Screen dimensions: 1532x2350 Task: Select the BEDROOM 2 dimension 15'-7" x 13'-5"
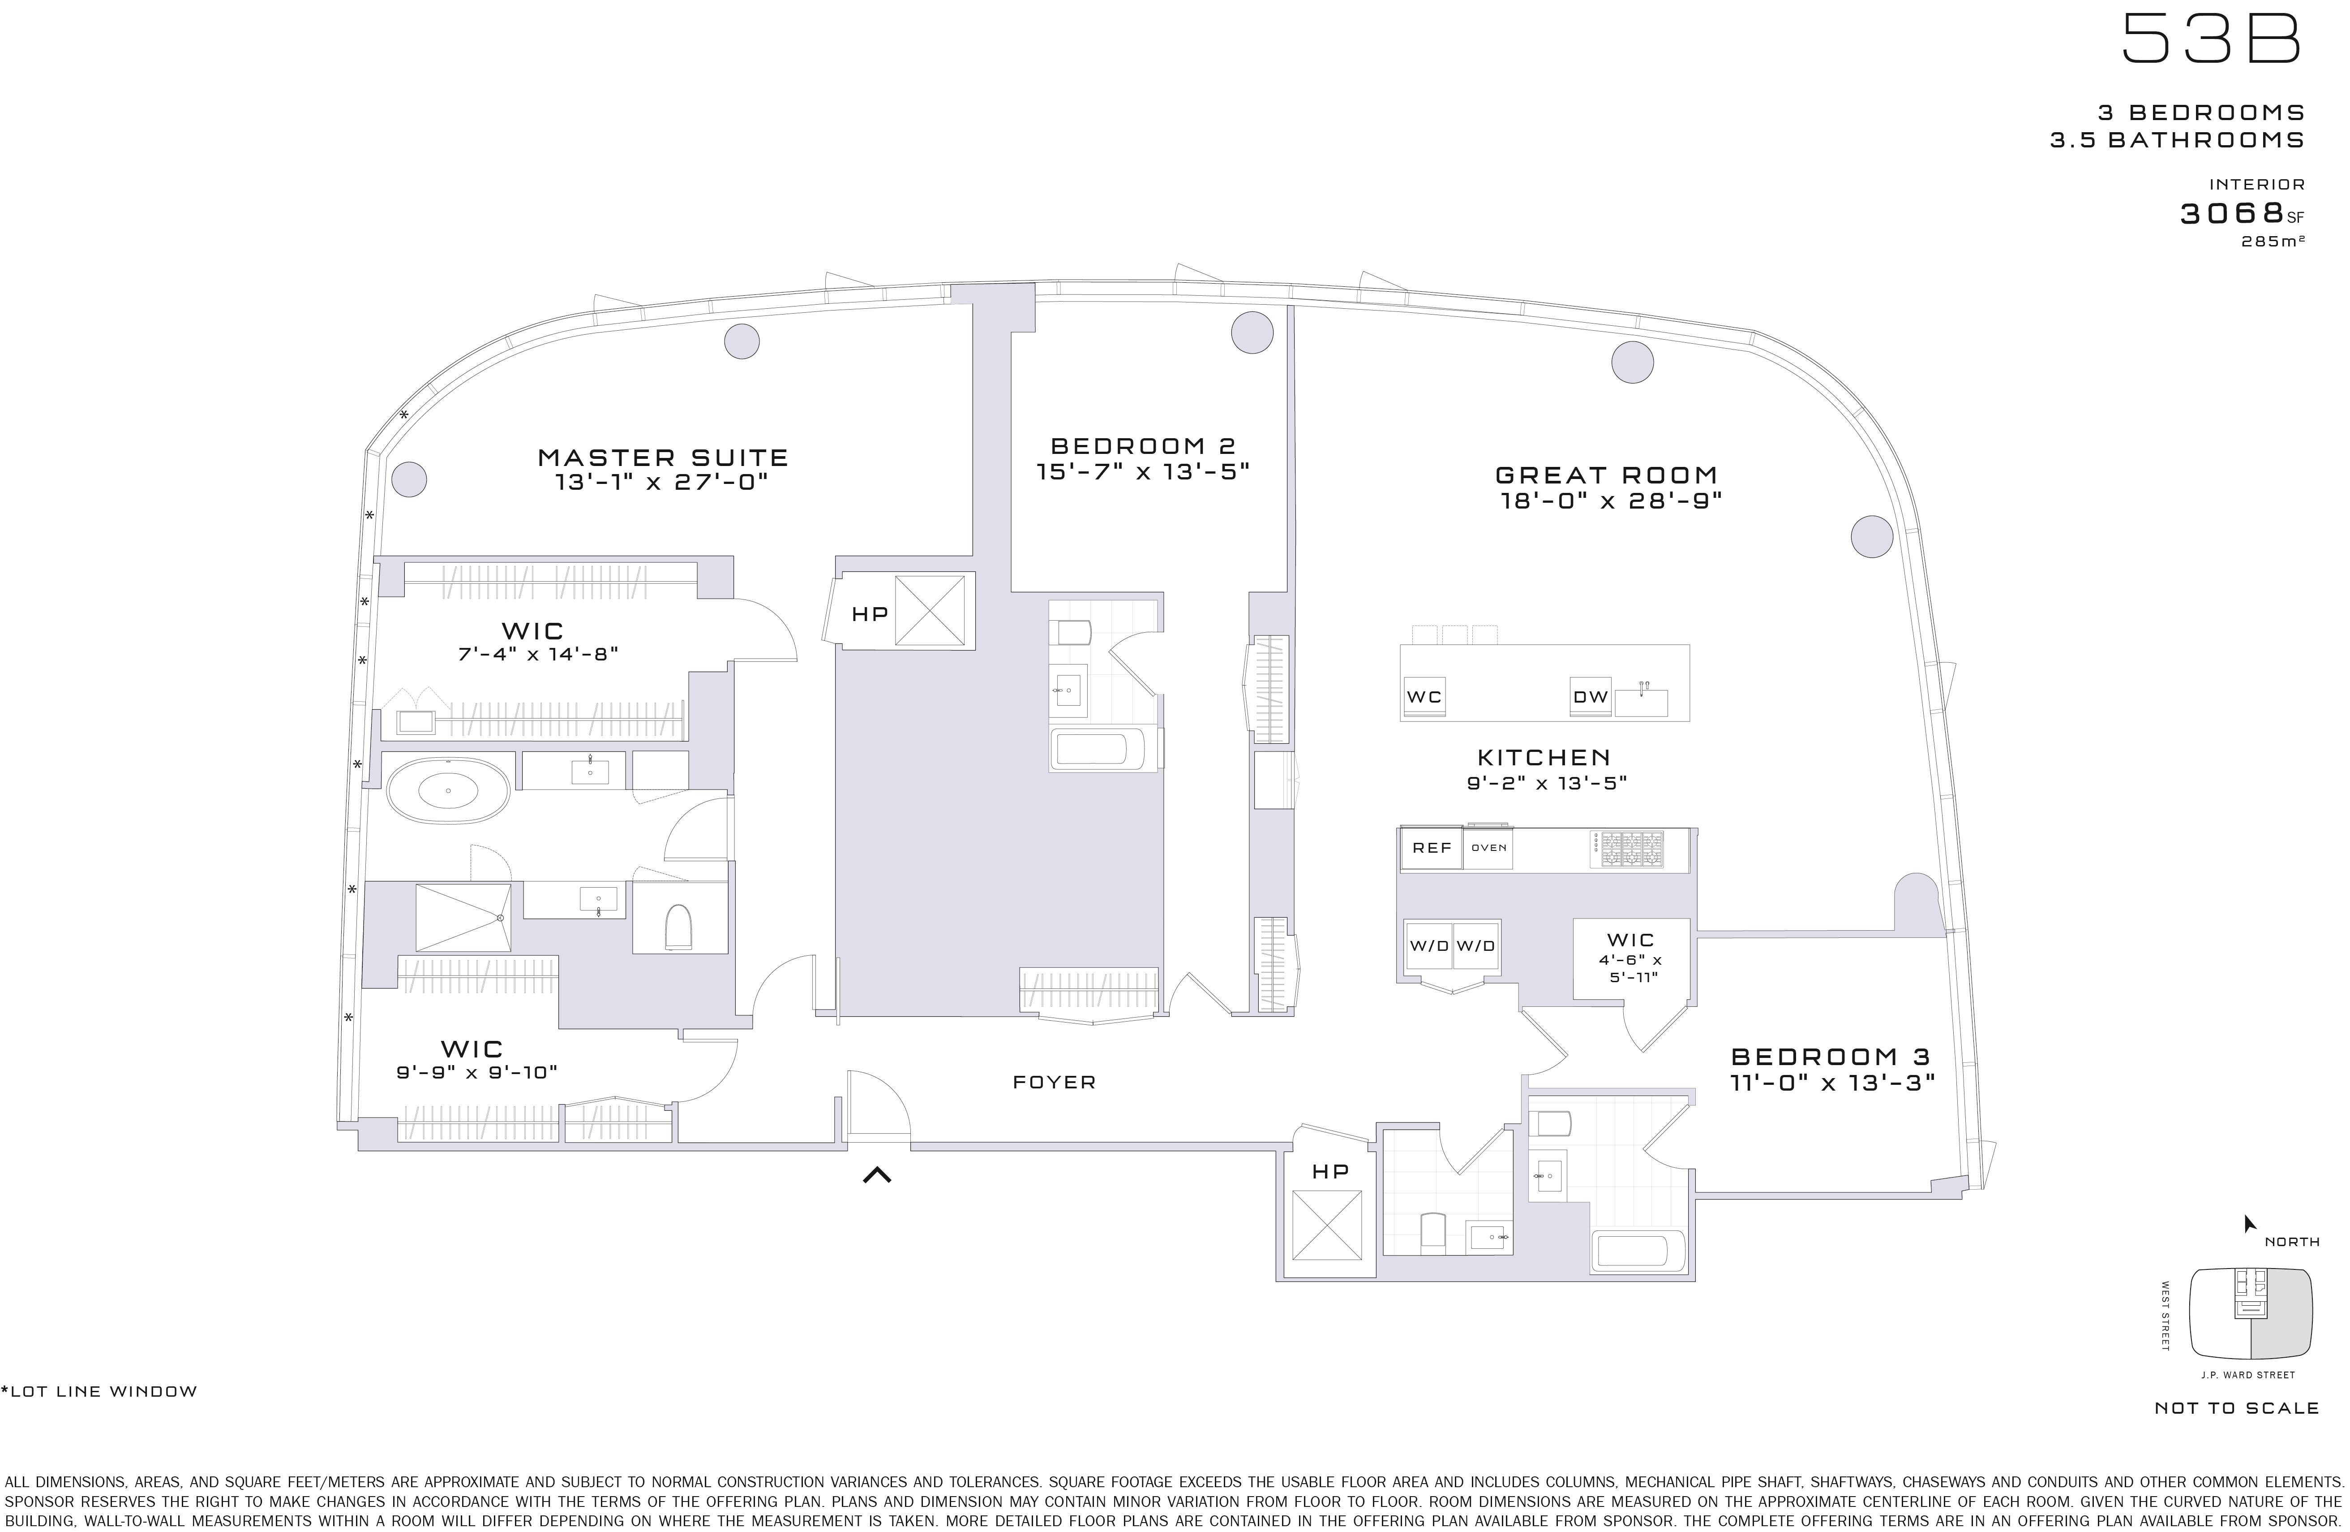(1142, 472)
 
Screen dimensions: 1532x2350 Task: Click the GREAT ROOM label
(1607, 475)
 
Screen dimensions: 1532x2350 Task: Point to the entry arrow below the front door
(877, 1174)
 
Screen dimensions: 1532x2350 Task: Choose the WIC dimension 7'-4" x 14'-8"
(537, 654)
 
